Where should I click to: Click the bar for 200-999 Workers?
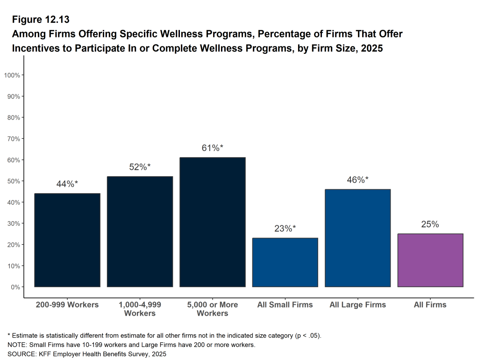pyautogui.click(x=67, y=240)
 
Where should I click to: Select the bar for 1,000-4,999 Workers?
pyautogui.click(x=140, y=231)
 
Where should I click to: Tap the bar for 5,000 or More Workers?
pyautogui.click(x=213, y=222)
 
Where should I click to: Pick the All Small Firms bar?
pyautogui.click(x=285, y=262)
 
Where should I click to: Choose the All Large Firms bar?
pyautogui.click(x=357, y=238)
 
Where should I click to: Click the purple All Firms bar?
pyautogui.click(x=430, y=260)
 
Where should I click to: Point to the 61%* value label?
pyautogui.click(x=213, y=148)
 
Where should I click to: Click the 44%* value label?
pyautogui.click(x=67, y=184)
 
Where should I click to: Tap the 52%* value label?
pyautogui.click(x=140, y=167)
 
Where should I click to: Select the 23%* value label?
pyautogui.click(x=285, y=229)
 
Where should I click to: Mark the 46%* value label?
pyautogui.click(x=357, y=180)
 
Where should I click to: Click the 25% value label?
pyautogui.click(x=430, y=224)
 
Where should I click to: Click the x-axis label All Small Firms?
pyautogui.click(x=285, y=305)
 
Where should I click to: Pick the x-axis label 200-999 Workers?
pyautogui.click(x=67, y=305)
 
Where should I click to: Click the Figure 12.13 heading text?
pyautogui.click(x=41, y=20)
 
